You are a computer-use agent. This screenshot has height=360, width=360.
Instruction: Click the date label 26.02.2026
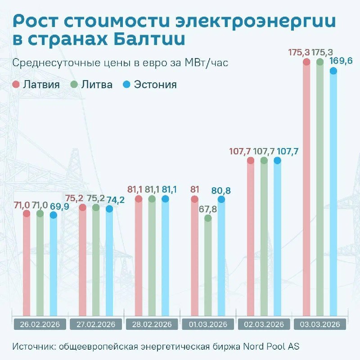[40, 324]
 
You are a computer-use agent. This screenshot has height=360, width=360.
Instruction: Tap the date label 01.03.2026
[207, 324]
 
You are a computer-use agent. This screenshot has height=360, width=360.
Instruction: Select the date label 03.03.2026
[319, 324]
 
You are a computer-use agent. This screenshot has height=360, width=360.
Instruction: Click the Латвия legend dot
[16, 85]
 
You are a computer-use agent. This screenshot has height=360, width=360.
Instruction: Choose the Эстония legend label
[155, 85]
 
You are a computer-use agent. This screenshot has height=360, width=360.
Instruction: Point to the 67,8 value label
[207, 209]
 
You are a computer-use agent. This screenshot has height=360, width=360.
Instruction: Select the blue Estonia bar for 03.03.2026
[333, 193]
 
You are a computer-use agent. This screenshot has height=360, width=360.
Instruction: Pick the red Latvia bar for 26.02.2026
[27, 265]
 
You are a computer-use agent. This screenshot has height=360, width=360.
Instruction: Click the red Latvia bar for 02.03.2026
[251, 238]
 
